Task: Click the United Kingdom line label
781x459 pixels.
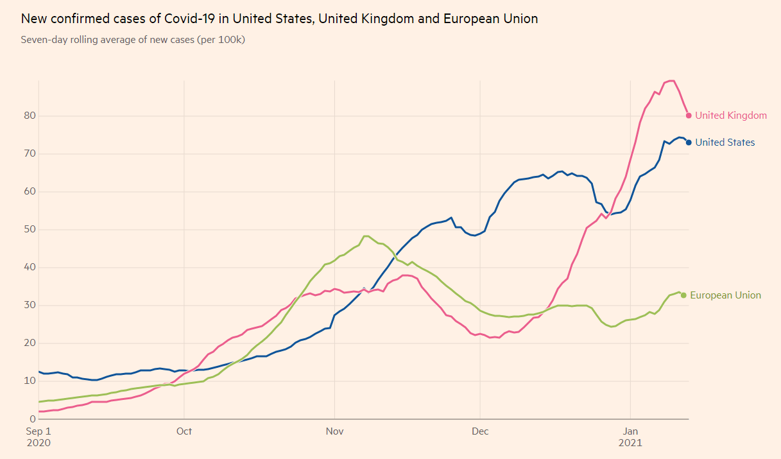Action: [x=731, y=116]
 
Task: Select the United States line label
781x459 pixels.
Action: [x=725, y=143]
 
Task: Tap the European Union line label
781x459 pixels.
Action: [x=725, y=295]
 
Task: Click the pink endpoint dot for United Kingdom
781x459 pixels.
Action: [x=689, y=116]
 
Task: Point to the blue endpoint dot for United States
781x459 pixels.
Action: [x=689, y=143]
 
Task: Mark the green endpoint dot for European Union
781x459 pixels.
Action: [x=683, y=295]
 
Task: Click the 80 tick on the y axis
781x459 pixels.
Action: [x=28, y=116]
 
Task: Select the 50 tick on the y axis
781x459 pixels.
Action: [x=28, y=229]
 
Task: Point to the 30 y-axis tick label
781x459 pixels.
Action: [x=28, y=305]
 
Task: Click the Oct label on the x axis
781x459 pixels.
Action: [x=184, y=431]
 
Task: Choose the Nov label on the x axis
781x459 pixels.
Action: [x=334, y=431]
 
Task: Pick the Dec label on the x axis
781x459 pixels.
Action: [x=479, y=431]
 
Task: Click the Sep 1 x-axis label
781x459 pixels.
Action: [x=39, y=431]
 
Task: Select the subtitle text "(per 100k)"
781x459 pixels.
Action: [x=221, y=40]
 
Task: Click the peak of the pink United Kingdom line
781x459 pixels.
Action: [x=671, y=81]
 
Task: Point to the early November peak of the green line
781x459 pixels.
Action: [x=366, y=236]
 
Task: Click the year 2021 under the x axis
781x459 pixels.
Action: [x=630, y=443]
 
